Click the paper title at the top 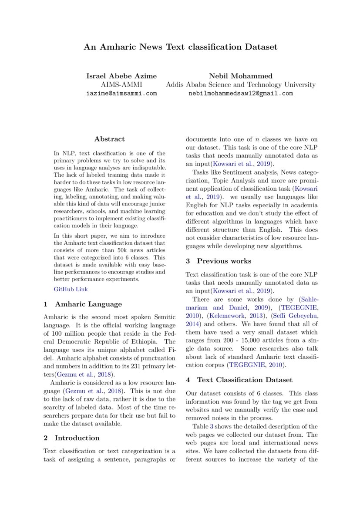point(180,47)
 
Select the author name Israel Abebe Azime point(121,76)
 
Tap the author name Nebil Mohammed point(240,76)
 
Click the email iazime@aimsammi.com point(121,93)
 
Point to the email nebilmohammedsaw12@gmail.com point(240,93)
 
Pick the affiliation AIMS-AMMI point(121,84)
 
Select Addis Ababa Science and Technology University point(240,84)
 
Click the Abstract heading point(109,139)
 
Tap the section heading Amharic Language point(88,304)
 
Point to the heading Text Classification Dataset point(245,380)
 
